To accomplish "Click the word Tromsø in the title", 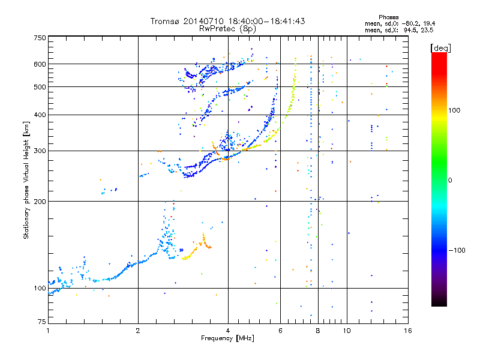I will click(163, 21).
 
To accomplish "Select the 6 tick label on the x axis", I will click(281, 331).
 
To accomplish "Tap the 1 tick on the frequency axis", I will click(49, 331).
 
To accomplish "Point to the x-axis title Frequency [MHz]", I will click(227, 339).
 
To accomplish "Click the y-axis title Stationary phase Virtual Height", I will click(26, 180).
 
